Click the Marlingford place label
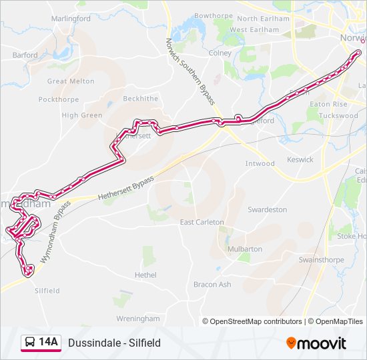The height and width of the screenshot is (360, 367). [x=71, y=19]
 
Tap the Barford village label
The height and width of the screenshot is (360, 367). [x=25, y=55]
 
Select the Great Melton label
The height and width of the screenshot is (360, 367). [x=71, y=81]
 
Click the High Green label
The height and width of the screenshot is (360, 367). [x=82, y=115]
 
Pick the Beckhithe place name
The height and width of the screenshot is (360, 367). [x=141, y=99]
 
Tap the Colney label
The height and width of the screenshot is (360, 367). [x=220, y=53]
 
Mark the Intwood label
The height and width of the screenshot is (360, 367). [x=260, y=163]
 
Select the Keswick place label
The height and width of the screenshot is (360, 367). [x=300, y=160]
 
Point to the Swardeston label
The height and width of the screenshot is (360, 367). [x=267, y=209]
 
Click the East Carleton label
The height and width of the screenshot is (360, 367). [x=202, y=222]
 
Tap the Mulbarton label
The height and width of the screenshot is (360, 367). [x=245, y=249]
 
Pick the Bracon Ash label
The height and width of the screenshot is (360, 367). [x=212, y=284]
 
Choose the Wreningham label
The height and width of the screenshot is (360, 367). [x=138, y=319]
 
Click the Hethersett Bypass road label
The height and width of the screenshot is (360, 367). [x=125, y=189]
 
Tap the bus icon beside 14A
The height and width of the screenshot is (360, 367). [x=30, y=343]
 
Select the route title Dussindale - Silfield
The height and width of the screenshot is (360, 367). [x=114, y=343]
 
